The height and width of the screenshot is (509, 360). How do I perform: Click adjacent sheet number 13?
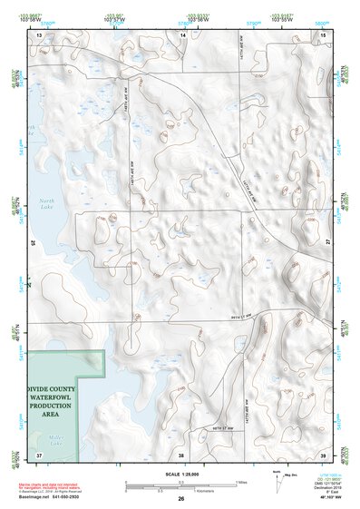pos(39,34)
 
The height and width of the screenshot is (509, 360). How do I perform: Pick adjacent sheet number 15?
pos(324,34)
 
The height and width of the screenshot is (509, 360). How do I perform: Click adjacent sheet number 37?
pos(39,454)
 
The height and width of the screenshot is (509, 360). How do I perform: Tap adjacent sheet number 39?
pos(324,454)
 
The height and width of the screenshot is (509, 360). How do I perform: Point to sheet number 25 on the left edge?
pos(34,243)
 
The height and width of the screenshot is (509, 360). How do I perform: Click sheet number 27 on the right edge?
pos(328,243)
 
